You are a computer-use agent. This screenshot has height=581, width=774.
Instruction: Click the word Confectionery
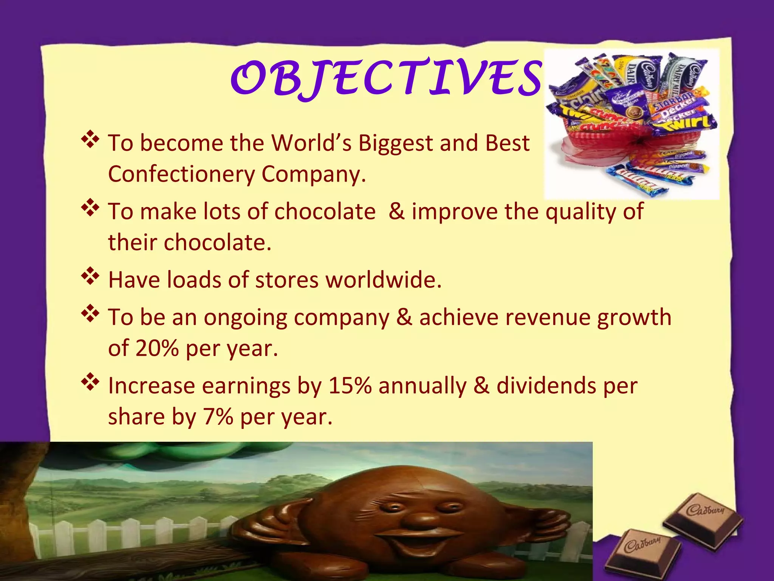coord(182,174)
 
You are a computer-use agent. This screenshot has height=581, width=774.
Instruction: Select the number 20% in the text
coord(157,348)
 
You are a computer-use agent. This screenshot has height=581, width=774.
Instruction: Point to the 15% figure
coord(350,386)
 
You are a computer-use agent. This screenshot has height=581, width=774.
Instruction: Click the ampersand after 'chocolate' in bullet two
coord(396,211)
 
